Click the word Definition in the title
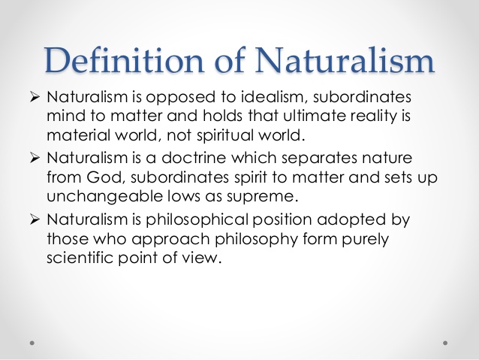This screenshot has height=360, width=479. pyautogui.click(x=124, y=60)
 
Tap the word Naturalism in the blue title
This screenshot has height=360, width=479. pyautogui.click(x=345, y=60)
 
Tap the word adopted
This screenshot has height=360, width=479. pyautogui.click(x=351, y=220)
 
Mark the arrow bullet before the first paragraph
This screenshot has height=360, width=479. pyautogui.click(x=35, y=97)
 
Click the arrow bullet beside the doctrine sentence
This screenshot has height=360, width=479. pyautogui.click(x=35, y=158)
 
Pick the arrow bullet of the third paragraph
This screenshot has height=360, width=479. pyautogui.click(x=35, y=219)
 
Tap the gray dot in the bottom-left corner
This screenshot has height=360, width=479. pyautogui.click(x=32, y=343)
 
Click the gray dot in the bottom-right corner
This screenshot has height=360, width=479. pyautogui.click(x=445, y=343)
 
